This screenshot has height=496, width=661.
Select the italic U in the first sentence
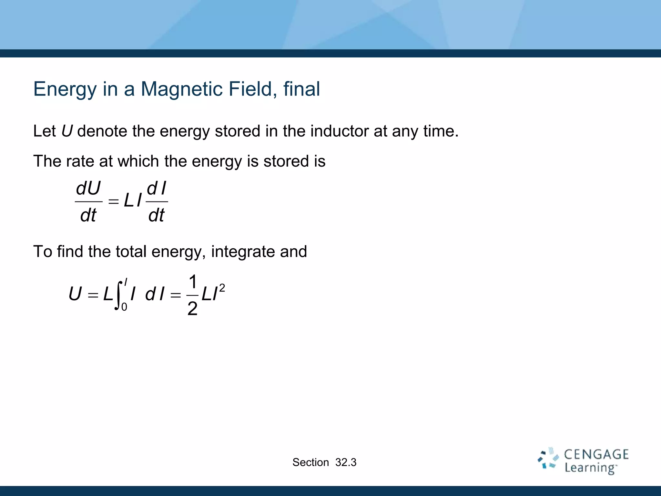67,131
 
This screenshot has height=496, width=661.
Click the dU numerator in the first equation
88,188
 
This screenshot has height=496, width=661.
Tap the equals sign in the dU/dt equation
113,201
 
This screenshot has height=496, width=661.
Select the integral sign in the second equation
118,295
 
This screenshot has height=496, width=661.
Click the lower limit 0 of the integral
124,307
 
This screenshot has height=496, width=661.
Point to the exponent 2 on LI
222,288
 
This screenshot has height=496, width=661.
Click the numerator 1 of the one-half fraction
193,282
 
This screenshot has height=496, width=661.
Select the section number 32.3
346,462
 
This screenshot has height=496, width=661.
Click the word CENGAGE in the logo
596,455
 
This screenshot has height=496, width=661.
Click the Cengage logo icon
548,458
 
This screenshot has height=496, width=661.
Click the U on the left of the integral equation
75,294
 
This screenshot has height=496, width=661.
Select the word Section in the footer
310,462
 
